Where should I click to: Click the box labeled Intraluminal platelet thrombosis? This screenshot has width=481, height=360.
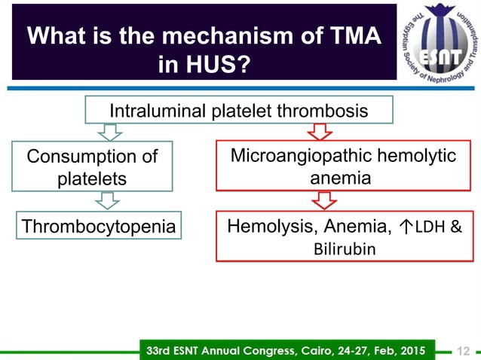[239, 111]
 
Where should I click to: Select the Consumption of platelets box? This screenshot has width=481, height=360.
[92, 167]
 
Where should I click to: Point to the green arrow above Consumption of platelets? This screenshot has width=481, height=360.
[110, 132]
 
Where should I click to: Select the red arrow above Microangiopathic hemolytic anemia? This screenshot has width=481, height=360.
[320, 132]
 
